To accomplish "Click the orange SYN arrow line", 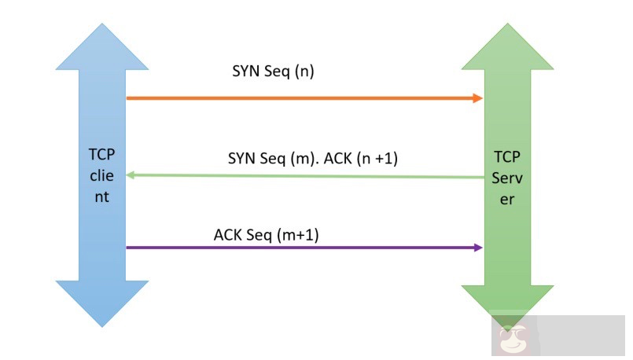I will tap(299, 98).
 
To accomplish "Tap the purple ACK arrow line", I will tap(299, 248).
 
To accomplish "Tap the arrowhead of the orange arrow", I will tap(478, 98).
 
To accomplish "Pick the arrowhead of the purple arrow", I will tap(478, 248).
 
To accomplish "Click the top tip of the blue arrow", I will tap(103, 24).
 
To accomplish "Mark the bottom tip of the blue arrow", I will tap(103, 325).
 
